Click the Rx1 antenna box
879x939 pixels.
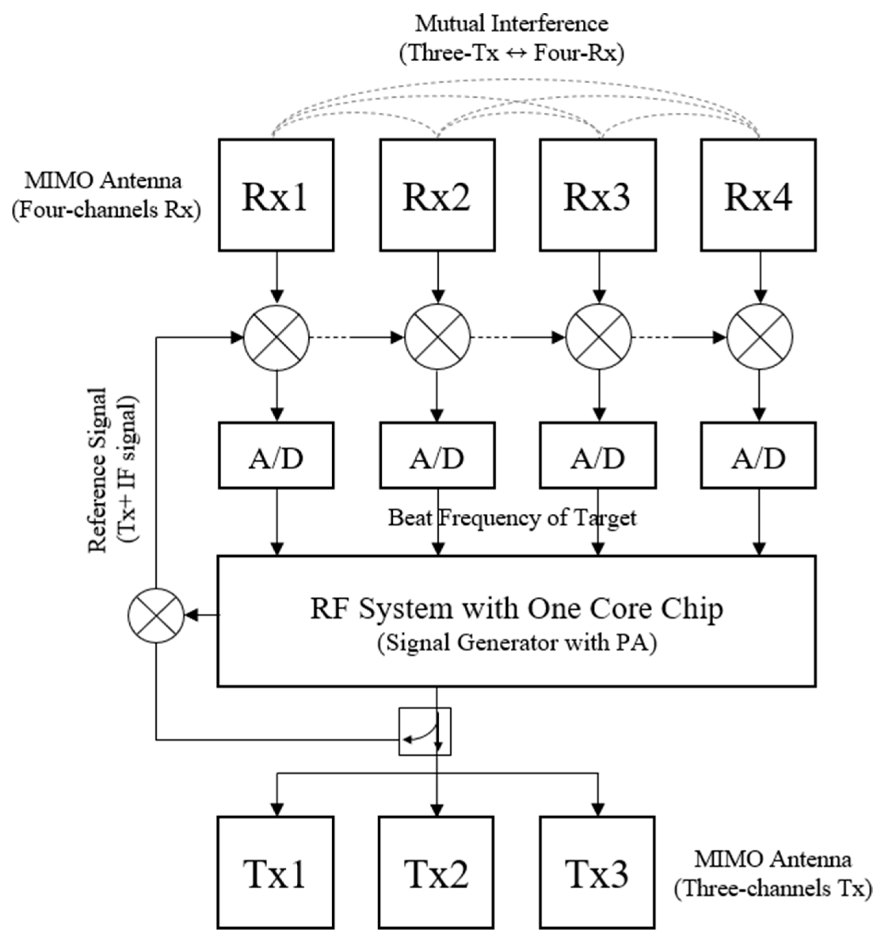click(276, 195)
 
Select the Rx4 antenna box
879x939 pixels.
click(758, 195)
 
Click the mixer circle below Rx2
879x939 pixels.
click(437, 337)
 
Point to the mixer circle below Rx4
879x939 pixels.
click(759, 337)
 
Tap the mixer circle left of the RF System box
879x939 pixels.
click(155, 615)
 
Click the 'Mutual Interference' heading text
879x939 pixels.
click(511, 24)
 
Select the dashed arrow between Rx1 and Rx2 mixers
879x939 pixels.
click(357, 337)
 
